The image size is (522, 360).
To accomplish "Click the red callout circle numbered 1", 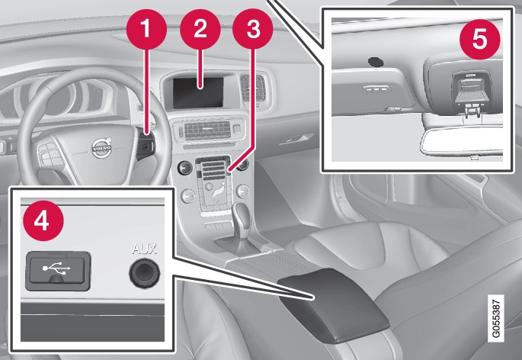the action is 146,29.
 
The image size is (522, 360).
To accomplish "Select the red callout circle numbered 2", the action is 200,29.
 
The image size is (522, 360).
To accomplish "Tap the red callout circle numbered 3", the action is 253,29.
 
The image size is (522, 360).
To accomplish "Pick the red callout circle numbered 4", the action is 43,220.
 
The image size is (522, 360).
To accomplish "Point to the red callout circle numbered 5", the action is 480,40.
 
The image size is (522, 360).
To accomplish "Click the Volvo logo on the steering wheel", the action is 102,148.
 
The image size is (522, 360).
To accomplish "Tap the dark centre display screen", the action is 198,92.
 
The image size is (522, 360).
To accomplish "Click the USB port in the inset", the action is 58,270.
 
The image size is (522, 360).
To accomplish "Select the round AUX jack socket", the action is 145,273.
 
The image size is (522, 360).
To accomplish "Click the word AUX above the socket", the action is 145,249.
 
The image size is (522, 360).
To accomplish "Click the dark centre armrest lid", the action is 333,304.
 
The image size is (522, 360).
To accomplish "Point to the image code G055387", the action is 495,318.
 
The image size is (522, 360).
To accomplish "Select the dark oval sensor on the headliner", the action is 376,61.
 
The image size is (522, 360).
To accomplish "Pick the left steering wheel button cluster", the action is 50,154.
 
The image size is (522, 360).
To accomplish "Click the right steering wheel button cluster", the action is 146,145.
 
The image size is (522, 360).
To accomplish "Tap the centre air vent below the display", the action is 208,130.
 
